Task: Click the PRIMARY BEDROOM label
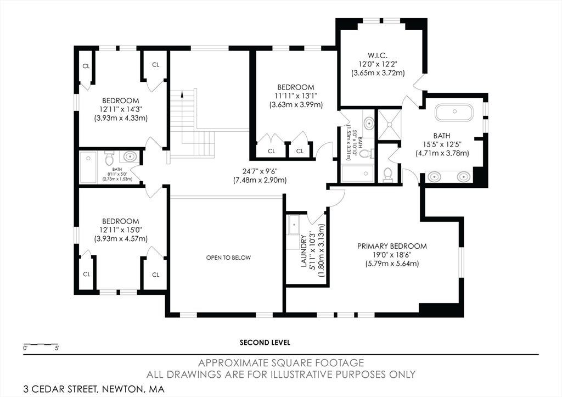392,246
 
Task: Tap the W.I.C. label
378,55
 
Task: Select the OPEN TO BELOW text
228,258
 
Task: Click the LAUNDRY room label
304,251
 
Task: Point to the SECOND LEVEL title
265,343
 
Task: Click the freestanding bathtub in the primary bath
454,112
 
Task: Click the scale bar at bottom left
41,345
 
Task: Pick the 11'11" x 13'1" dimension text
296,96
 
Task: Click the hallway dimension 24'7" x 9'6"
260,171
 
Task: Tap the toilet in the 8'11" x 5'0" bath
109,158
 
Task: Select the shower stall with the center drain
390,125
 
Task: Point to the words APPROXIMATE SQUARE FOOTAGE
281,363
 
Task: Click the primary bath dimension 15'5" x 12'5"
442,144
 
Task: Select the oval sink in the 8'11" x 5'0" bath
130,156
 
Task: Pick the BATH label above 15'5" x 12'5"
442,136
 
